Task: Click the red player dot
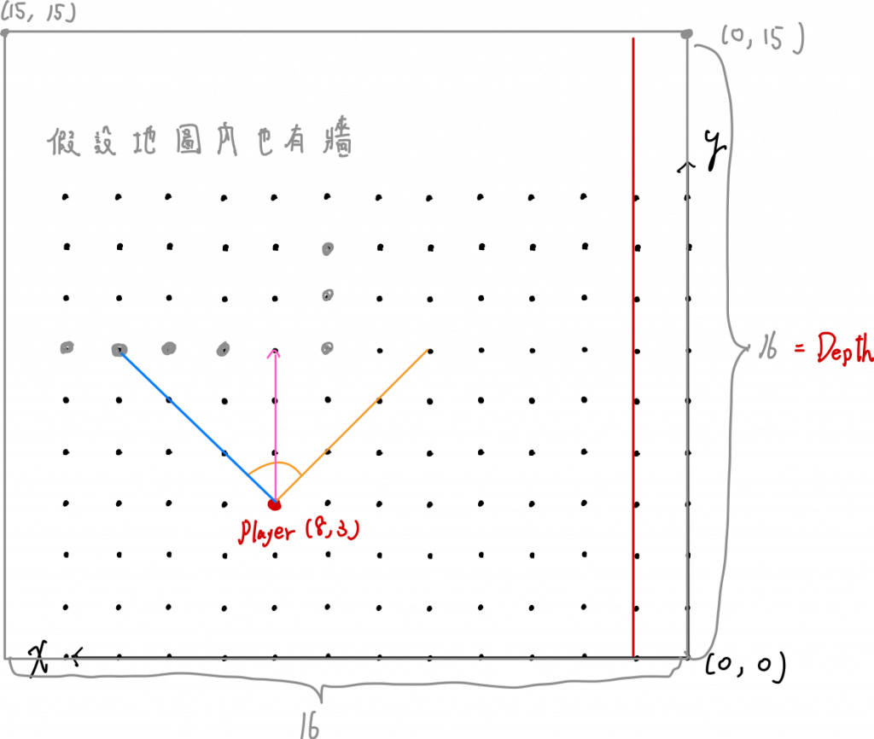click(275, 505)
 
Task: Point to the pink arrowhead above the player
click(274, 352)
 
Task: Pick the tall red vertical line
click(633, 341)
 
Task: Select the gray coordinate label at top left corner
click(38, 13)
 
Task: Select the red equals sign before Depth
click(800, 349)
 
